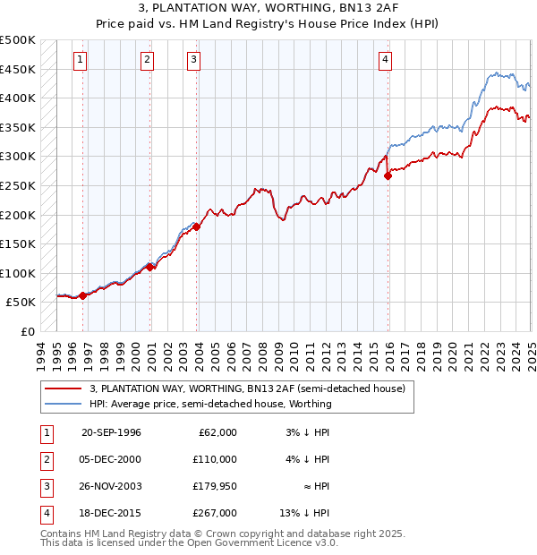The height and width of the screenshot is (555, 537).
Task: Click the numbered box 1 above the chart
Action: (81, 60)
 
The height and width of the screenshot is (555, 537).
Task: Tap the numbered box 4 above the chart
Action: (385, 60)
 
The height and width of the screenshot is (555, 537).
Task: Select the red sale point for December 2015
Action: (388, 176)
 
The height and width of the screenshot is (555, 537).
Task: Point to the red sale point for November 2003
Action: (196, 226)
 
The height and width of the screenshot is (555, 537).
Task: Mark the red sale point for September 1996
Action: (82, 295)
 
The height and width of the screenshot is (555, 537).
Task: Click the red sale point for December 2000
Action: (150, 267)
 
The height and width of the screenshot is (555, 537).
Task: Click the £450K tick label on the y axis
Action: (19, 69)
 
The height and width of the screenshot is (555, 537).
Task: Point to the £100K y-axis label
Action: (19, 273)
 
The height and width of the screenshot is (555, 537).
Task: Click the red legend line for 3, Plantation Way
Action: (62, 388)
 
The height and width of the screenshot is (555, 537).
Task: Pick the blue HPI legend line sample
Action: (62, 404)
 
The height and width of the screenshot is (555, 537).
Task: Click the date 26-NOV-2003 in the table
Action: (111, 485)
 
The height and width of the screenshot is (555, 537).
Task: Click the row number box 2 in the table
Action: (44, 458)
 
